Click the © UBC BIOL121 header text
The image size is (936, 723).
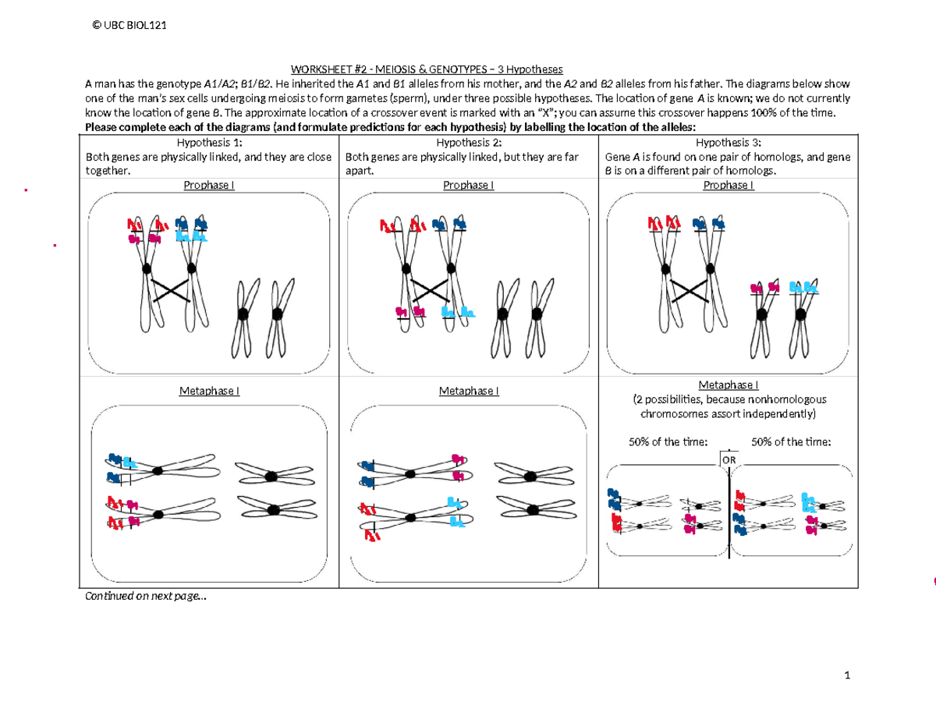129,26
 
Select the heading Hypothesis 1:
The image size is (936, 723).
209,143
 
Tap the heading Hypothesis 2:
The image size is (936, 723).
468,143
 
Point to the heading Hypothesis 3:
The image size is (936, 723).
727,143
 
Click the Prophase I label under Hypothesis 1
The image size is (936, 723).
209,186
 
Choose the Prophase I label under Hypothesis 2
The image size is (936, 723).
468,186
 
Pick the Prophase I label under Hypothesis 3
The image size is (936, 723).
728,186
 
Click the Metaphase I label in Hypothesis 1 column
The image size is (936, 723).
209,391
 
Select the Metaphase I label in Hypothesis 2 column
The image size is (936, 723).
468,391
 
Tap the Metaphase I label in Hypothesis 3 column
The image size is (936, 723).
728,385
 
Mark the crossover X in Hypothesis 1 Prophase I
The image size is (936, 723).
170,291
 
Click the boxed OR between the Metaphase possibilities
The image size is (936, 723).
729,459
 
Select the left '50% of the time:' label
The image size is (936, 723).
668,442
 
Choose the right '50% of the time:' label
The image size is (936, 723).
791,442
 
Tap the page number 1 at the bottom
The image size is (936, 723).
846,675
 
